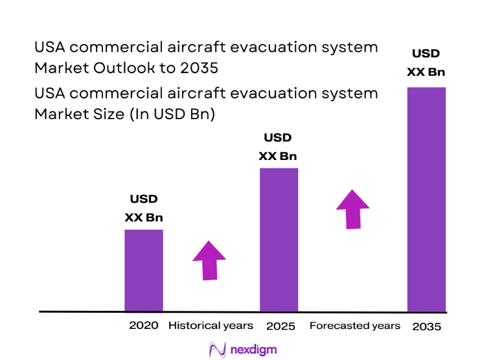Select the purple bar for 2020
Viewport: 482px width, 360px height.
(143, 270)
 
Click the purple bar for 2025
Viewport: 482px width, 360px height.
(279, 240)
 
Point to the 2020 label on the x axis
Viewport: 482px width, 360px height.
(143, 326)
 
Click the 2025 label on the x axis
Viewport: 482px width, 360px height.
(281, 326)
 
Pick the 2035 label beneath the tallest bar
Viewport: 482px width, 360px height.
(426, 326)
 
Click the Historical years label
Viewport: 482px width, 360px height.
(211, 326)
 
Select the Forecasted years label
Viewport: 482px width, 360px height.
(354, 326)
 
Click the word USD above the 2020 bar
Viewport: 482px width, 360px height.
(143, 199)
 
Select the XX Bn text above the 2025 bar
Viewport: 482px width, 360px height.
(278, 156)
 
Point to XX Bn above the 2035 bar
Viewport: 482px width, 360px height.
(426, 72)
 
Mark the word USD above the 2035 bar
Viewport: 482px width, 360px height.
(426, 54)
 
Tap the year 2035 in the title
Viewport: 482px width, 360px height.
(199, 68)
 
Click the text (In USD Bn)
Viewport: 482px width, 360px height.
(172, 114)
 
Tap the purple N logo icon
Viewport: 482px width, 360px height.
(216, 350)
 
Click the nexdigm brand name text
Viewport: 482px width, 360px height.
(253, 350)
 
